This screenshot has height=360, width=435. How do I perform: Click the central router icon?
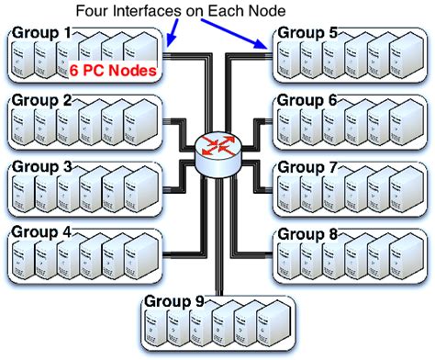(x=217, y=152)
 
